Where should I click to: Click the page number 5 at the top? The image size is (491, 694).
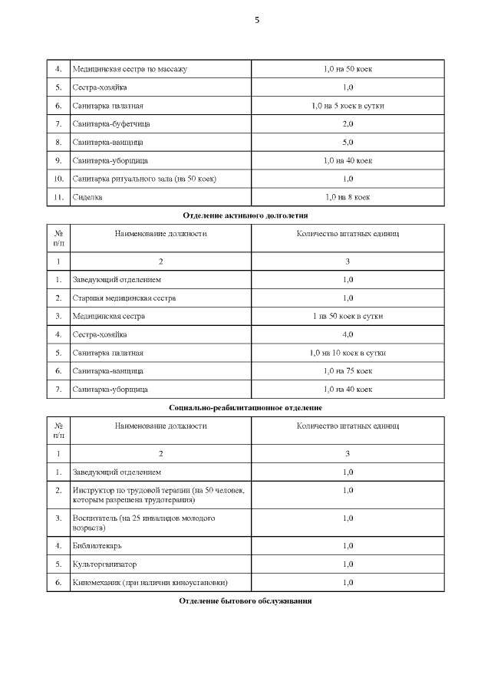click(257, 21)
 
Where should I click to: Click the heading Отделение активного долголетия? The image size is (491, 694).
click(245, 215)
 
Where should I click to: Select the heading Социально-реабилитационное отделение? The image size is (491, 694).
click(245, 407)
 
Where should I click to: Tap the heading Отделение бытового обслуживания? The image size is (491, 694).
click(245, 600)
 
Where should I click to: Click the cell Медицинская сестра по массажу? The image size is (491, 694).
click(130, 69)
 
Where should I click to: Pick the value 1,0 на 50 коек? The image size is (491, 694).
click(348, 69)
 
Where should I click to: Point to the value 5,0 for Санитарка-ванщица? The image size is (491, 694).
click(348, 142)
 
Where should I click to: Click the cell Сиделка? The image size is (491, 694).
click(87, 197)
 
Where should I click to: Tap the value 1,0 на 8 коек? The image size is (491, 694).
click(348, 197)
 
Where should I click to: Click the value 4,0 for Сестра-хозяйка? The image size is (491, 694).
click(348, 334)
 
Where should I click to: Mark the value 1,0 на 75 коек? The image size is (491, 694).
click(348, 371)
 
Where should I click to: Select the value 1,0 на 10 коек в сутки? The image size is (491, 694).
click(348, 353)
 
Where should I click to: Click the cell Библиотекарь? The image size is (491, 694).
click(97, 545)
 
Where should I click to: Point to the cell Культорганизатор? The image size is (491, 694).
click(104, 564)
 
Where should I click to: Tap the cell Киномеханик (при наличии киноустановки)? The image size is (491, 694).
click(150, 582)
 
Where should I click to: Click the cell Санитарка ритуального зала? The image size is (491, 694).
click(144, 179)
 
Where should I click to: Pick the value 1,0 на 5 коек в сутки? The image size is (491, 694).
click(348, 105)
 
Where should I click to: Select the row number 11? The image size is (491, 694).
click(59, 197)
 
